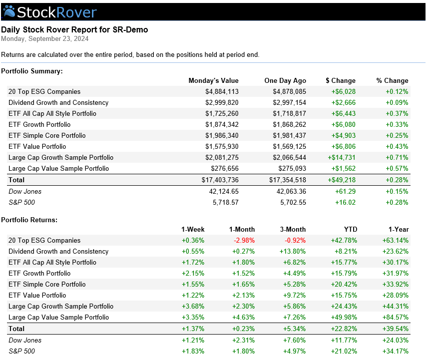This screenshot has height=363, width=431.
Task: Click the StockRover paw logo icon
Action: click(x=9, y=11)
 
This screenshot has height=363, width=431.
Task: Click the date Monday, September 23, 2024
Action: click(x=45, y=39)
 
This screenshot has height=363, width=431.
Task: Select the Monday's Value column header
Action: click(x=214, y=80)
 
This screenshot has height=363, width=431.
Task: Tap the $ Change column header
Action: click(x=341, y=80)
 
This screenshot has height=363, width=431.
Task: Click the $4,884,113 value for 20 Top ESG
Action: click(x=222, y=91)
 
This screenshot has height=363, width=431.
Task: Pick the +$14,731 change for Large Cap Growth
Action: click(x=342, y=157)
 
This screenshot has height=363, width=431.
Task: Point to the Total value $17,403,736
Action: click(x=220, y=180)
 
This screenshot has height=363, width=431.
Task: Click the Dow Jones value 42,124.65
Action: click(x=224, y=192)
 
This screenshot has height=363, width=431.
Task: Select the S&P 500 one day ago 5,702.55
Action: click(x=293, y=203)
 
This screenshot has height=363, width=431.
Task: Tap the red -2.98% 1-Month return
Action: click(x=244, y=241)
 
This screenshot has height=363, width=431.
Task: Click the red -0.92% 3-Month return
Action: click(x=295, y=241)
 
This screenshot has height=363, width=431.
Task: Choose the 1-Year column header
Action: click(x=399, y=230)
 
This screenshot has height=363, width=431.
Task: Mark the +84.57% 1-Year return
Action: click(x=396, y=318)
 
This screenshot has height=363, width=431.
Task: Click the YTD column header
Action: click(x=351, y=230)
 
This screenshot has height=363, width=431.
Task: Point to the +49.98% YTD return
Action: click(x=344, y=318)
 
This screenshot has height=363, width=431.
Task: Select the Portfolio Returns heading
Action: click(x=29, y=220)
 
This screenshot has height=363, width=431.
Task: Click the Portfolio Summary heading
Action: click(x=32, y=71)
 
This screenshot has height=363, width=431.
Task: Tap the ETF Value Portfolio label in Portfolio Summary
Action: click(x=37, y=146)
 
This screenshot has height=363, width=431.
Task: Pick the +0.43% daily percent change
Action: click(x=397, y=146)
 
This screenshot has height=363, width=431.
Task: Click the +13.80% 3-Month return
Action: click(x=293, y=252)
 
